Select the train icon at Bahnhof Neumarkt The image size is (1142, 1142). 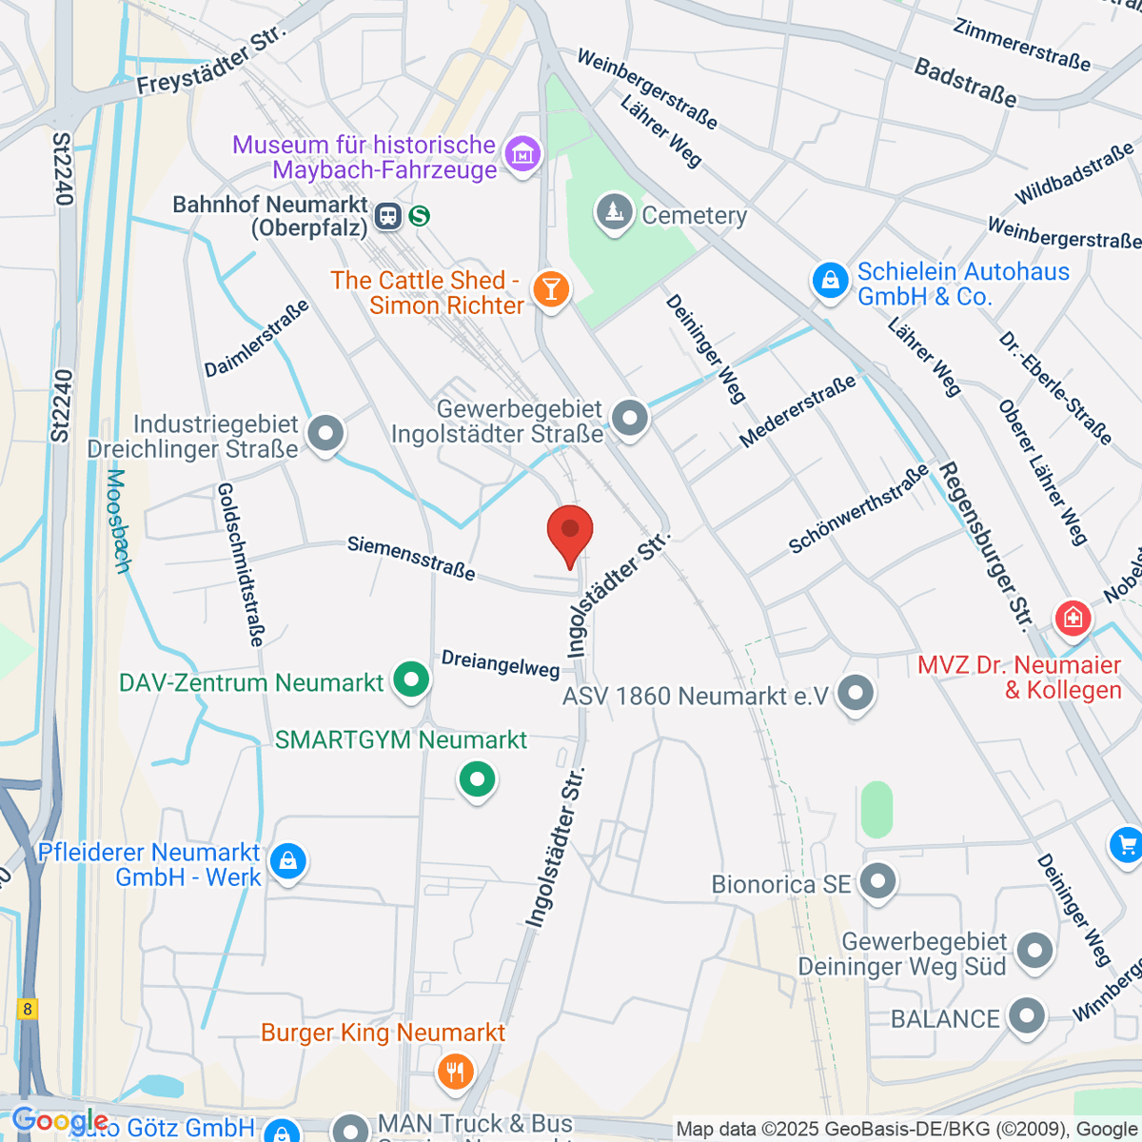click(387, 216)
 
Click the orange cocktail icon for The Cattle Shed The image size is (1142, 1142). click(550, 288)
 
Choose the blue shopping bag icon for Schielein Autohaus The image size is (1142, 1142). click(830, 281)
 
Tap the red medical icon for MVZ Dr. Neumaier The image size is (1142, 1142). click(1073, 619)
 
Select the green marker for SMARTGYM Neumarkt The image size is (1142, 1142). click(477, 780)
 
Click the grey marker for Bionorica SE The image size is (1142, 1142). click(877, 882)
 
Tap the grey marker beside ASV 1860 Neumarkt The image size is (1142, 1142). click(856, 694)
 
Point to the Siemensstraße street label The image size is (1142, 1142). click(411, 558)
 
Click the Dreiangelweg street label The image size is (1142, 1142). click(500, 664)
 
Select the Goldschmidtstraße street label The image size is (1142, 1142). click(240, 564)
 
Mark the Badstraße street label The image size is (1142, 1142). click(965, 82)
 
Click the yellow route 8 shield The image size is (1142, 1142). click(29, 1010)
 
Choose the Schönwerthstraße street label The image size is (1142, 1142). click(858, 509)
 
